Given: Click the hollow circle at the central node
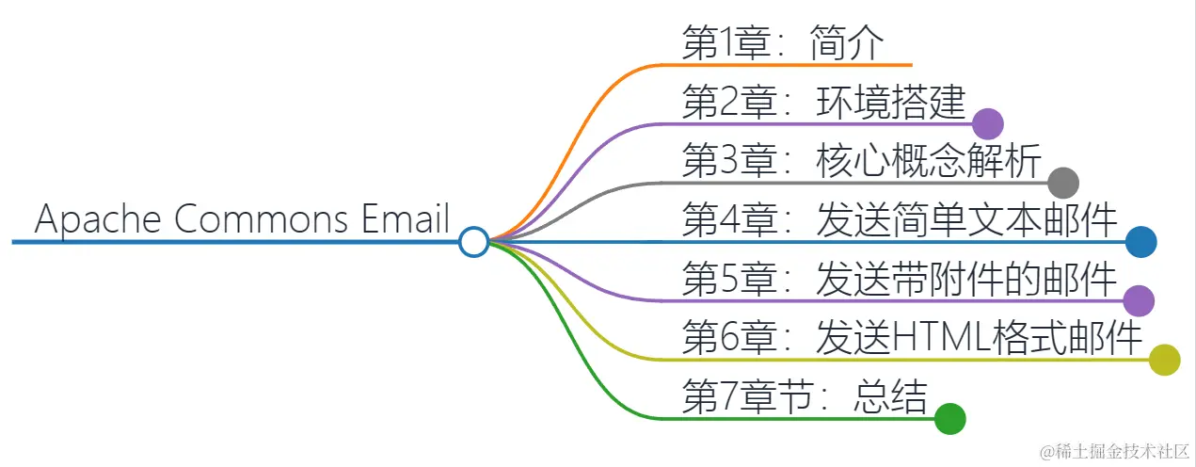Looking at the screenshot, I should coord(474,242).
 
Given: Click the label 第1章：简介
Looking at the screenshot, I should coord(783,43).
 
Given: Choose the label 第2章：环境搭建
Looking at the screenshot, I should coord(824,103).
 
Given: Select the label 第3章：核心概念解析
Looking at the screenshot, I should coord(861,162).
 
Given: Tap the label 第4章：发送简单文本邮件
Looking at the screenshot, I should coord(900,221).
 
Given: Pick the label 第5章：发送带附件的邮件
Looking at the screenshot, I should coord(900,280).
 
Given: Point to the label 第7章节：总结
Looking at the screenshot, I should coord(805,397).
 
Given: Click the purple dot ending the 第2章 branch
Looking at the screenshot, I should coord(987,123).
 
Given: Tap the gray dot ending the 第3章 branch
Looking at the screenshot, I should coord(1062,182).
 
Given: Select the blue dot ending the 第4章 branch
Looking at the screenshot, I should coord(1140,242).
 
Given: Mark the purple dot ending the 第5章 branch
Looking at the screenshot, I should coord(1139,300).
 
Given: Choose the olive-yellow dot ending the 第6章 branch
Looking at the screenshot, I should coord(1164,360).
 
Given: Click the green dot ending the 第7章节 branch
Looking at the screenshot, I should coord(950,418).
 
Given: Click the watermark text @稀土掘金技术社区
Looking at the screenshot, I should coord(1110,450).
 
